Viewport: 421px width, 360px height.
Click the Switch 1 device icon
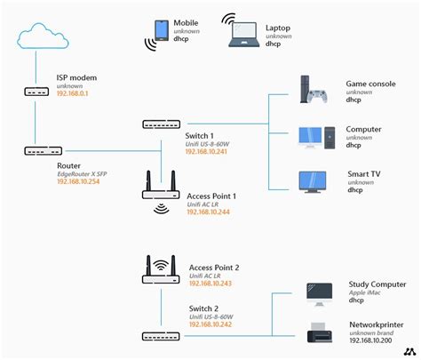point(161,124)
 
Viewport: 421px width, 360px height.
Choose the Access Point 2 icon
point(161,269)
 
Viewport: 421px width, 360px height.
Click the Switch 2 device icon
point(161,335)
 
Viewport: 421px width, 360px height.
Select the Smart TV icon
point(316,183)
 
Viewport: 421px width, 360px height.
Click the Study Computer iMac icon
point(319,293)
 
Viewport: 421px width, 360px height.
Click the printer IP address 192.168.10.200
point(372,340)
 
